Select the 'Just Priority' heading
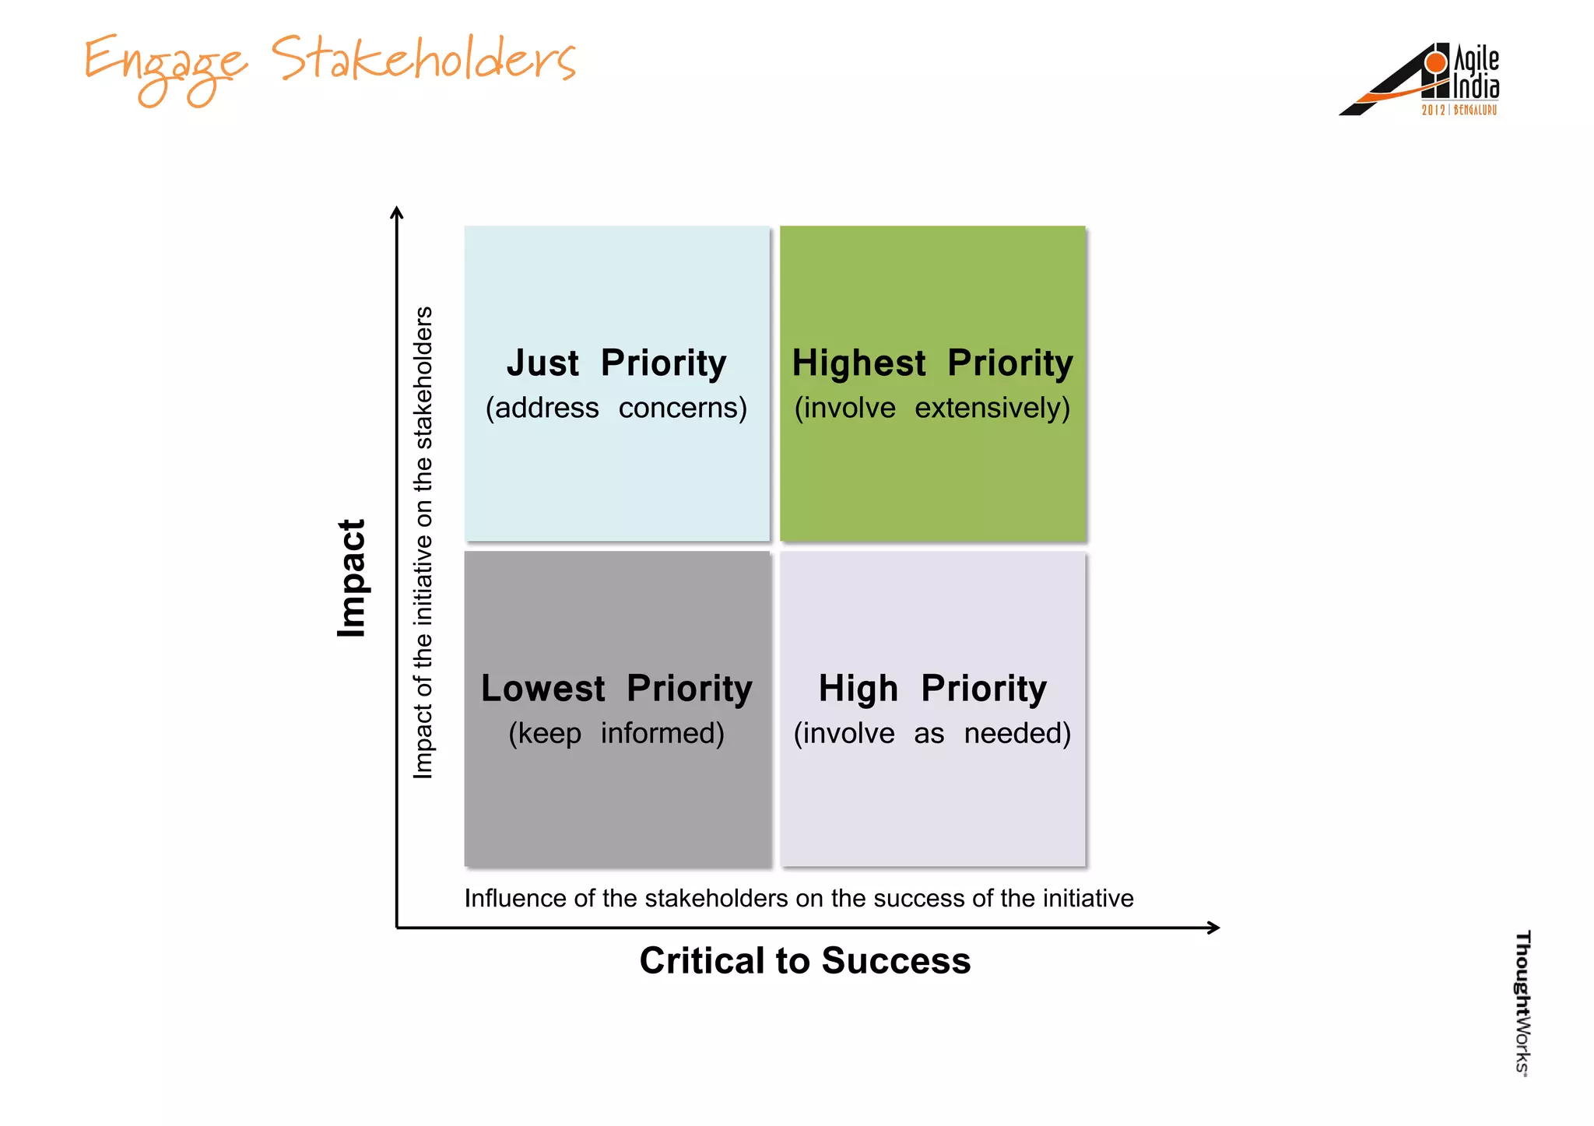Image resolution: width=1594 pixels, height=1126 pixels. [x=616, y=363]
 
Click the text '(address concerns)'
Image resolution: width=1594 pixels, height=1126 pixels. [x=616, y=408]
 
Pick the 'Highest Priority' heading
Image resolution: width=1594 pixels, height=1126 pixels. [x=932, y=363]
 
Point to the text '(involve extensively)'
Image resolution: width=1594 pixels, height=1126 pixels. [x=932, y=408]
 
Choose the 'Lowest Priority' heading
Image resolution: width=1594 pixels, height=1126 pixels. [x=616, y=689]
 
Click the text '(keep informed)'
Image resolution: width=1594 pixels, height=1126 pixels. [x=616, y=733]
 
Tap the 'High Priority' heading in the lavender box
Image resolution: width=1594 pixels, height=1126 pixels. [x=932, y=689]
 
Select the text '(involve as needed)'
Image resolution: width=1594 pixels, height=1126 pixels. [x=932, y=733]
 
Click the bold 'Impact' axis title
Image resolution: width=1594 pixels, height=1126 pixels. [x=352, y=578]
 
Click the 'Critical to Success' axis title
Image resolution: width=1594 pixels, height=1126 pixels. [x=805, y=960]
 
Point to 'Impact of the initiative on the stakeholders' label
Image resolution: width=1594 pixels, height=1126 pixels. [x=423, y=542]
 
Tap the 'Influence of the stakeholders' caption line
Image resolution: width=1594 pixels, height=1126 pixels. [x=799, y=898]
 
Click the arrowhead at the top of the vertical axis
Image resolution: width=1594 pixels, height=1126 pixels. [x=397, y=212]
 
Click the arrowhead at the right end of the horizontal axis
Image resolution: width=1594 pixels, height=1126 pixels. [x=1214, y=928]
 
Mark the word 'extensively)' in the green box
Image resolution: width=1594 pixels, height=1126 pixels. [x=992, y=408]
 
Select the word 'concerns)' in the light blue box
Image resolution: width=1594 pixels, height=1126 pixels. [x=683, y=408]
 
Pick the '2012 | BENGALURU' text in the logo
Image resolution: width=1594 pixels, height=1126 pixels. [x=1459, y=110]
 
